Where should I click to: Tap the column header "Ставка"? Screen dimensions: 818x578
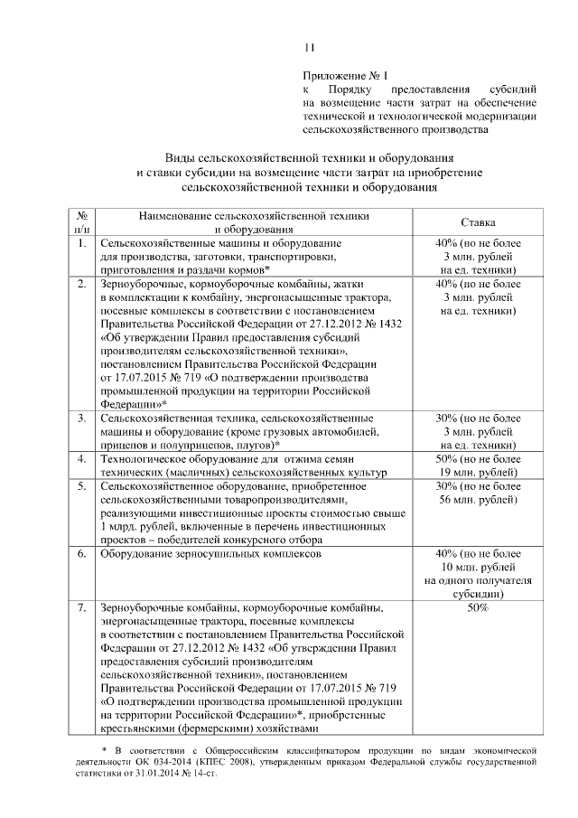(x=478, y=222)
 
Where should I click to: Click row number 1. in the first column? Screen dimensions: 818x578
(x=81, y=244)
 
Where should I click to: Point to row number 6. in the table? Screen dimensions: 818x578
(x=81, y=552)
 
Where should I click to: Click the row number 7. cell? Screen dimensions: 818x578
(x=81, y=608)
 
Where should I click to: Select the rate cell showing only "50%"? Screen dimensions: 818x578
(x=478, y=608)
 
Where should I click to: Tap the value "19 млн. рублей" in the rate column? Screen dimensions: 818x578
(x=478, y=472)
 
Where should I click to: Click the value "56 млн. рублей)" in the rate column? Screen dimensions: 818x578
(x=478, y=499)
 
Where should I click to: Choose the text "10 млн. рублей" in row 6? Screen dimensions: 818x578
(x=478, y=566)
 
